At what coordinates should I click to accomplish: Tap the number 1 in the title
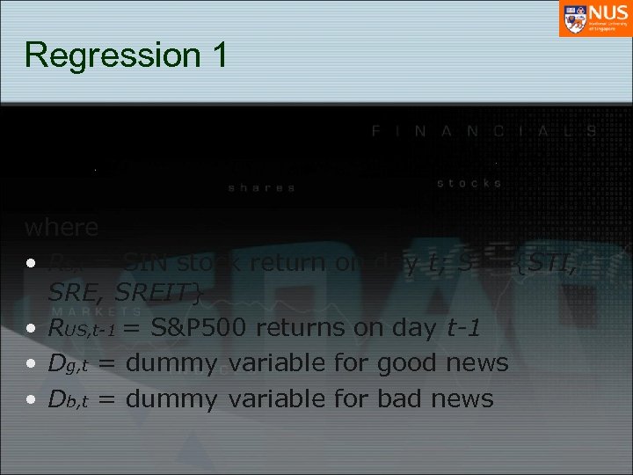click(x=217, y=54)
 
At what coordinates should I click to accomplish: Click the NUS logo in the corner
click(x=594, y=18)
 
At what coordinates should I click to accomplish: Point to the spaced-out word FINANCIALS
click(x=484, y=131)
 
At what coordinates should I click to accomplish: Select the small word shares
click(x=262, y=187)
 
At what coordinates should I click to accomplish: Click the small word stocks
click(x=469, y=183)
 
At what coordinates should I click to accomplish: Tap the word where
click(x=62, y=227)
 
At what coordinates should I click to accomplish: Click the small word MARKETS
click(x=97, y=311)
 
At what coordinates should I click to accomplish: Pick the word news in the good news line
click(x=477, y=364)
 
